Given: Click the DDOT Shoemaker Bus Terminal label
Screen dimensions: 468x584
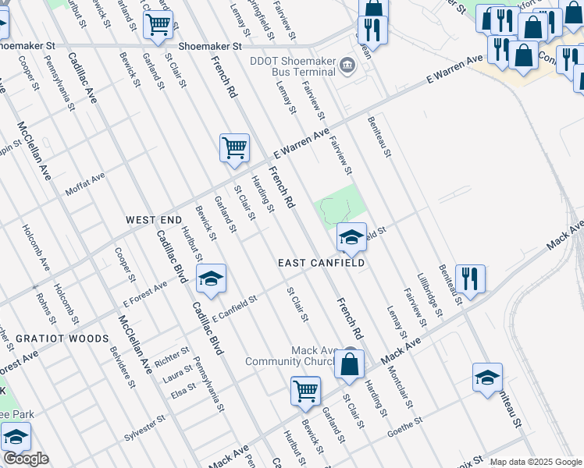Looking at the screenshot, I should (x=292, y=65).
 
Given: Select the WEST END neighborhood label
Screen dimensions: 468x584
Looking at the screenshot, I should (x=154, y=221).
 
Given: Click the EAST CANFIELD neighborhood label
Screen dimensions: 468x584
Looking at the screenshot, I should (x=321, y=264).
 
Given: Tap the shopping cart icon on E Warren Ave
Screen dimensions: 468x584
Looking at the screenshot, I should (x=234, y=147).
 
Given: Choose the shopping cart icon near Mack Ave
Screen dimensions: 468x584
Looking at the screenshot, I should (x=305, y=391).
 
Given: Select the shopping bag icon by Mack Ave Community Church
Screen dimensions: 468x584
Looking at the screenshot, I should (x=350, y=363).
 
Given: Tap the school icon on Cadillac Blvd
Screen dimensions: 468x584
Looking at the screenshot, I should (x=211, y=278).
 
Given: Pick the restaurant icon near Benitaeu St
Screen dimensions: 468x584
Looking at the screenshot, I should (x=470, y=278).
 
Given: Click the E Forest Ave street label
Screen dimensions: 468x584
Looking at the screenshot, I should (x=145, y=296).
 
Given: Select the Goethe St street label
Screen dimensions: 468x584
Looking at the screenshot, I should (x=404, y=421).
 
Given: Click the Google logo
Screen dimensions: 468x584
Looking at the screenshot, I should (x=26, y=459).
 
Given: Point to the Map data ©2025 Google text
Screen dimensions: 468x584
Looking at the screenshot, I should (x=536, y=462).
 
